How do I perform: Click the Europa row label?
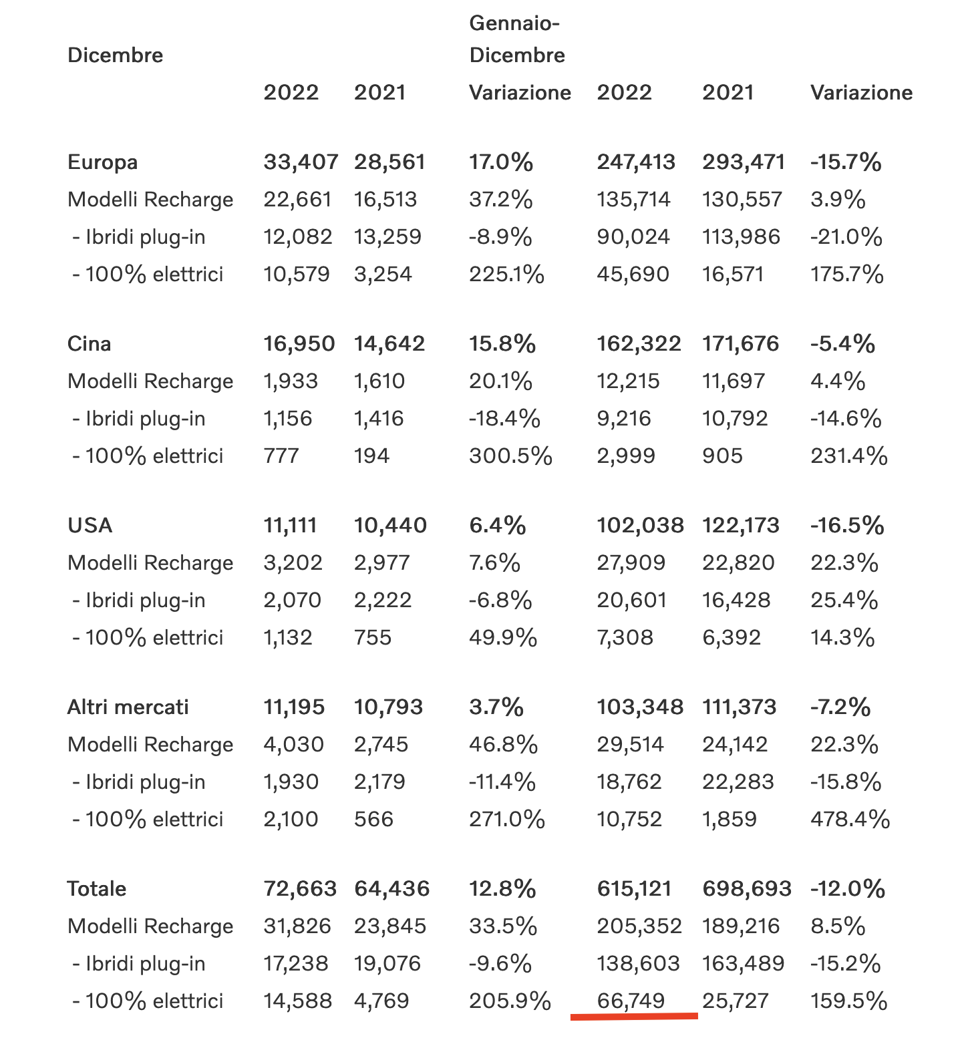(x=102, y=162)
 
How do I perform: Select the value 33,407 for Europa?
(x=301, y=162)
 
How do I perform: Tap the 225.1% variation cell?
(x=506, y=275)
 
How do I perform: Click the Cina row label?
(x=89, y=344)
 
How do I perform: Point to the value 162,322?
(x=639, y=344)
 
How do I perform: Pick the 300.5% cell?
(x=510, y=456)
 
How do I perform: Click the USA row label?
(x=90, y=526)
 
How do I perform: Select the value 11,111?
(x=290, y=526)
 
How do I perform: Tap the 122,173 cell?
(x=740, y=526)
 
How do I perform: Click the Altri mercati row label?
(x=128, y=707)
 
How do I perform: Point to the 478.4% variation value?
(x=850, y=820)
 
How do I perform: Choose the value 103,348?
(x=640, y=707)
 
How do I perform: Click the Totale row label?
(x=97, y=889)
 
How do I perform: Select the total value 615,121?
(x=634, y=889)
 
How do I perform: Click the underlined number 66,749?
(x=631, y=1001)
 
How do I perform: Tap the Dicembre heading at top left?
(x=115, y=55)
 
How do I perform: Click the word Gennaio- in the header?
(x=514, y=23)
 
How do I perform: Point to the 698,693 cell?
(x=746, y=889)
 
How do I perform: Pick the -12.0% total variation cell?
(x=848, y=889)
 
